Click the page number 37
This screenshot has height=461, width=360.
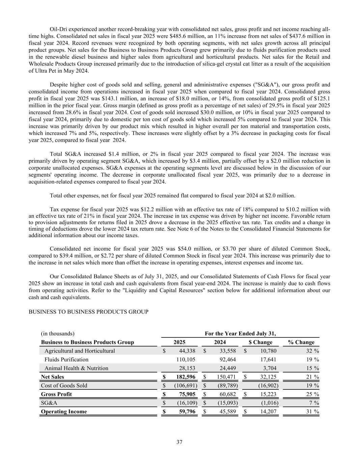pos(179,442)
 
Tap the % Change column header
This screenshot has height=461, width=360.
pos(301,342)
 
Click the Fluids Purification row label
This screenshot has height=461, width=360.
pos(66,359)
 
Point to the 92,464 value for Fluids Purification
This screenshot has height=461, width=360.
pos(228,359)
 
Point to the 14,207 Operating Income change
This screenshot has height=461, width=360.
pos(269,411)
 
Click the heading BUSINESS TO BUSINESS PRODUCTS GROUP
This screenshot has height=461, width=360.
pos(88,312)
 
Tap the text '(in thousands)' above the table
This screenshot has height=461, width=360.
pos(58,334)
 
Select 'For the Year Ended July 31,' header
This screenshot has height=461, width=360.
pos(240,334)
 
